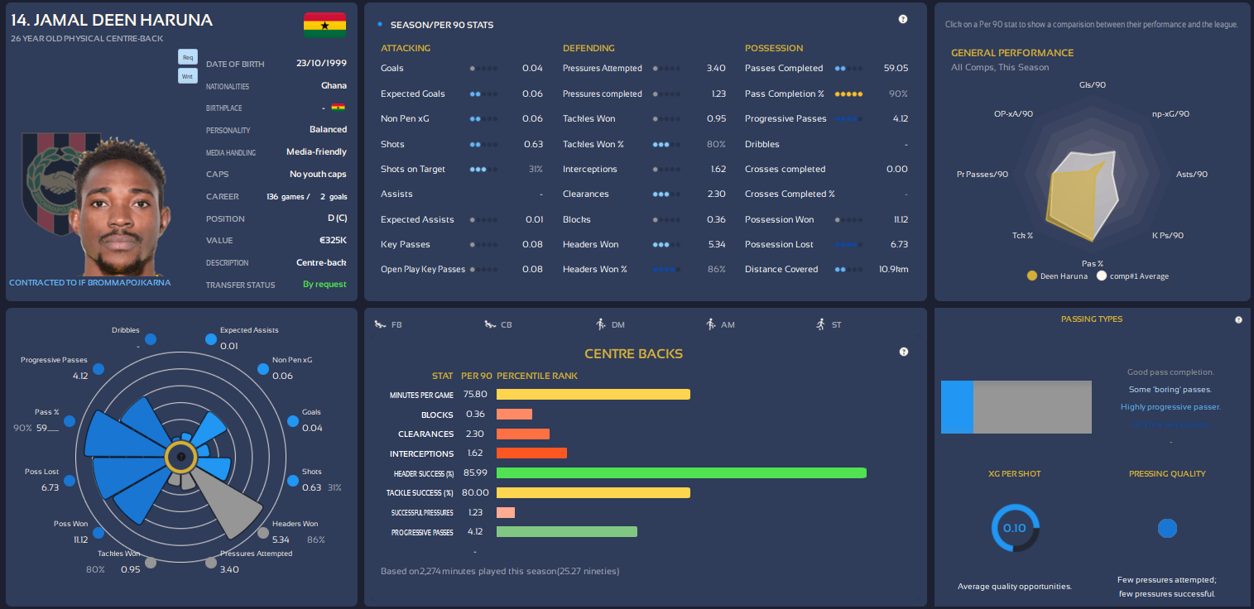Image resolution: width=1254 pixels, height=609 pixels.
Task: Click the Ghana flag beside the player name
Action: coord(324,25)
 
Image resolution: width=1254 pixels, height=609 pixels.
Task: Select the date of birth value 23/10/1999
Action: coord(321,63)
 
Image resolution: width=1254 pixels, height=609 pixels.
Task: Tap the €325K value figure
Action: coord(333,241)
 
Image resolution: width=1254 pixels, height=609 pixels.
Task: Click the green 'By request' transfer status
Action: coord(324,285)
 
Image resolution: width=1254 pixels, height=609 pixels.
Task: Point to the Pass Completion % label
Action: coord(784,94)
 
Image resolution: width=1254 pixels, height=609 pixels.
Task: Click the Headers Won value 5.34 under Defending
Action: coord(716,244)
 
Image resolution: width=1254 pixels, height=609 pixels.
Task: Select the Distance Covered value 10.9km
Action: coord(893,269)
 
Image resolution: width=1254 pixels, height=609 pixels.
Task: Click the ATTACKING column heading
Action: coord(406,48)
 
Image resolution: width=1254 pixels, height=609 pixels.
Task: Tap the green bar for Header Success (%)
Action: coord(680,473)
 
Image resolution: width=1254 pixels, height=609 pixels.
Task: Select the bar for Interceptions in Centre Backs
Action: coord(531,453)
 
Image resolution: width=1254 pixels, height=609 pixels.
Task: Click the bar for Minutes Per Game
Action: coord(593,395)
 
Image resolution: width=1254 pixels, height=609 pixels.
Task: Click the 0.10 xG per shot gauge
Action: coord(1015,528)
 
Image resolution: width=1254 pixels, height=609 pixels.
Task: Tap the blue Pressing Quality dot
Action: coord(1167,529)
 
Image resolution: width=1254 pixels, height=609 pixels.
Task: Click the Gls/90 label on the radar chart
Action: coord(1093,85)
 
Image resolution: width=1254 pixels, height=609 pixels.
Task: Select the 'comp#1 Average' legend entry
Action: coord(1133,276)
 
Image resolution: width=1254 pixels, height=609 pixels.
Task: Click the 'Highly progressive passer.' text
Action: coord(1170,407)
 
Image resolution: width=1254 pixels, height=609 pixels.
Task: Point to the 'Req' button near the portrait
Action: coord(188,57)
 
